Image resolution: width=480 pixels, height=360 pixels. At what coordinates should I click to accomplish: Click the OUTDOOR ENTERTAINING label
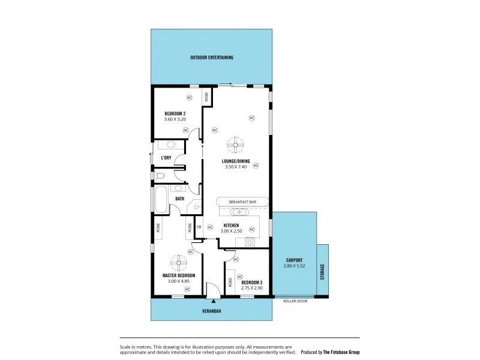tap(211, 58)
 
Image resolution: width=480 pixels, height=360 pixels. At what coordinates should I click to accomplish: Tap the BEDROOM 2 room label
tap(175, 113)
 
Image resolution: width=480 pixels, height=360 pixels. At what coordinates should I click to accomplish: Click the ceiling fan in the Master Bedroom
tap(179, 262)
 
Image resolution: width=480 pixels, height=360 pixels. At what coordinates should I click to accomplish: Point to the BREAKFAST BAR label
tap(242, 202)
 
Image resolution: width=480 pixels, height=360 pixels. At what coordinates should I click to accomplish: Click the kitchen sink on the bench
tap(239, 212)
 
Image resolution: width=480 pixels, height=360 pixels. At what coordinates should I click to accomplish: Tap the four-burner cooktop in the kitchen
tap(248, 242)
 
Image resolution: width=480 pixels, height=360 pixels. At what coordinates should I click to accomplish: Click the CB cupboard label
tap(199, 227)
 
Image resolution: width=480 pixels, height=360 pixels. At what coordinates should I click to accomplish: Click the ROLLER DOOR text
tap(295, 301)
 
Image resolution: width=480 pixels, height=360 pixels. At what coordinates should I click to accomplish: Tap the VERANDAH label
tap(211, 311)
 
